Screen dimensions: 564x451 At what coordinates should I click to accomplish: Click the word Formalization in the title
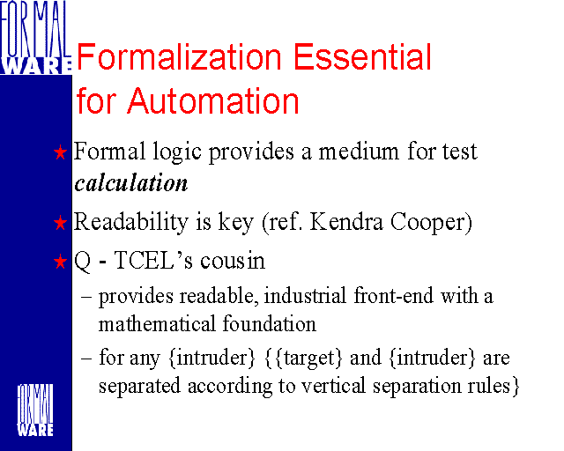179,57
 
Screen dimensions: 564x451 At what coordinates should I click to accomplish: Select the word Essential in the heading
362,57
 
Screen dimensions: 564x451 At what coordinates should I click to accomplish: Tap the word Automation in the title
213,101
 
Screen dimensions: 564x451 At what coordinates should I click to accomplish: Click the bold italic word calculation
131,182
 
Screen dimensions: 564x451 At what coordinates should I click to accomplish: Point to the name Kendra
346,222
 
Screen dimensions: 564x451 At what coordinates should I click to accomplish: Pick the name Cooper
431,222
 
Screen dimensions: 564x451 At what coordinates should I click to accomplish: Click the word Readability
131,223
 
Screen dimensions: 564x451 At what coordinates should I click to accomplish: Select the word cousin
233,261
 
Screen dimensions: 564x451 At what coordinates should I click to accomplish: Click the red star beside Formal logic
60,152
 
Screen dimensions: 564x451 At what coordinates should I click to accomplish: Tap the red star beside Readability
60,223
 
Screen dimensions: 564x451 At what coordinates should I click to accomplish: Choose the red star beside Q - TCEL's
60,262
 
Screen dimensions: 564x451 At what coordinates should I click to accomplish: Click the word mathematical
157,323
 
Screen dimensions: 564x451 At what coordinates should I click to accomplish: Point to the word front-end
394,296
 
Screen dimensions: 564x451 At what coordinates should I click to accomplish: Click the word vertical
333,386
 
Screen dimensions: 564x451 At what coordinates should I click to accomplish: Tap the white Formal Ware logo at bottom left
35,410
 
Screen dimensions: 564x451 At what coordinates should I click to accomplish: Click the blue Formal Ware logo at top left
35,37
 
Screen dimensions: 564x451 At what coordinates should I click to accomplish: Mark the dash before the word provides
86,297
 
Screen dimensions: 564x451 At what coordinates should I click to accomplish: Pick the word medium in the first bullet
359,152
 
